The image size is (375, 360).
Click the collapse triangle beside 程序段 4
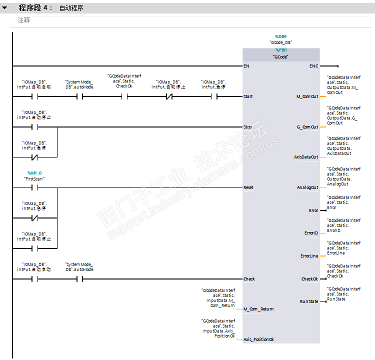4,8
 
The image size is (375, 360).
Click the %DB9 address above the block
280,36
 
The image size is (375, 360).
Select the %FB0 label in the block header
280,50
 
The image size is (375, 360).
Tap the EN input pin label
246,66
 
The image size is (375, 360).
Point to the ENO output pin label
313,66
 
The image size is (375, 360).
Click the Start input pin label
248,96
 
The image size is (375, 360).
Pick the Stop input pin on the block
247,127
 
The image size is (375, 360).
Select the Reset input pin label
248,187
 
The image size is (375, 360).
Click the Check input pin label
249,279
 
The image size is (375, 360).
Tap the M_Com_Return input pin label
258,309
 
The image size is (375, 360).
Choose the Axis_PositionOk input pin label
258,339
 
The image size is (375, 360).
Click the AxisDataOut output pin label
305,157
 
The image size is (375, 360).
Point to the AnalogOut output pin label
307,187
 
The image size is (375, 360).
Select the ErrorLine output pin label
309,256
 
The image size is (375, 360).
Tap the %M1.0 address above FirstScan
34,172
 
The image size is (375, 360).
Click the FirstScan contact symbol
34,188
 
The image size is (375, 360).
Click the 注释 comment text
23,20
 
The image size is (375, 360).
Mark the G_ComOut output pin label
307,127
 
